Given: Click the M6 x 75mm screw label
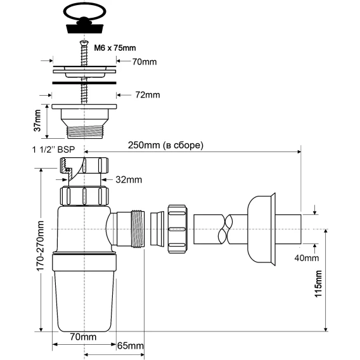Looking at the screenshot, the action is (x=115, y=48).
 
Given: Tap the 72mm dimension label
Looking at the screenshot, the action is (x=148, y=95).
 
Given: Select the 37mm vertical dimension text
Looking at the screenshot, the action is (x=37, y=120).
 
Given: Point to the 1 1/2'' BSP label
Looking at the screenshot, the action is (x=53, y=150).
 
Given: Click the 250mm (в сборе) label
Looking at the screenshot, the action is (x=166, y=145).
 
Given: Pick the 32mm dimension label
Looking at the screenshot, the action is (x=129, y=179).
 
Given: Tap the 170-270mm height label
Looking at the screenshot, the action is (x=40, y=246).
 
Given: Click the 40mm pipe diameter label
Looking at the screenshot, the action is (x=307, y=258).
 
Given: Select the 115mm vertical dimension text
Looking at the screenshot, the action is (x=318, y=284).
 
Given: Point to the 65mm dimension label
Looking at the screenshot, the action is (x=131, y=345).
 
